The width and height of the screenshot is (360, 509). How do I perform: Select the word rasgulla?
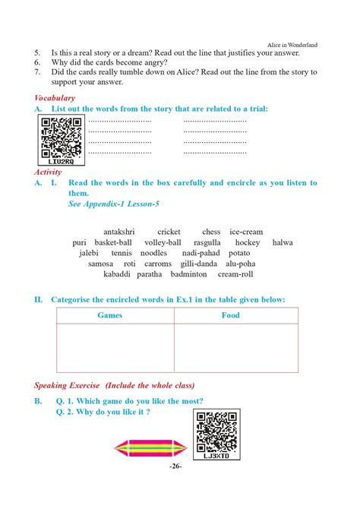pos(204,242)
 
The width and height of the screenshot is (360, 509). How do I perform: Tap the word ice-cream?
pos(246,232)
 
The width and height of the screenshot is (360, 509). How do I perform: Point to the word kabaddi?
pos(109,274)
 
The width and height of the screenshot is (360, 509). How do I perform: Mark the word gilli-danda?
pos(194,264)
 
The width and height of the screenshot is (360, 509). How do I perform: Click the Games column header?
pos(115,315)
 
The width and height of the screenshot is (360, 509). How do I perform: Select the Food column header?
pos(231,315)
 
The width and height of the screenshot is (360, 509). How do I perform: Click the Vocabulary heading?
pos(55,98)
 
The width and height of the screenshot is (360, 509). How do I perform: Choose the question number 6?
pos(37,62)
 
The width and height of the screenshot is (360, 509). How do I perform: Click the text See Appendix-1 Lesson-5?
pos(113,204)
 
